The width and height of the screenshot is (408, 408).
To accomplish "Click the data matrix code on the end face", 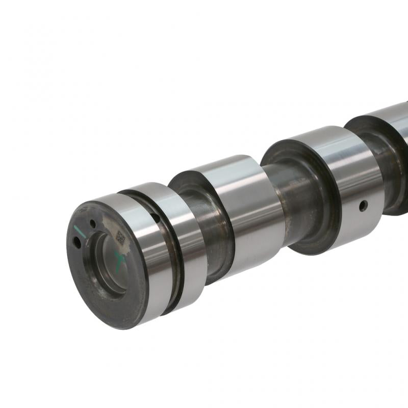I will click(x=121, y=236).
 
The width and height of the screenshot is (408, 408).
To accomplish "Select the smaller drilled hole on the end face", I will click(x=93, y=223).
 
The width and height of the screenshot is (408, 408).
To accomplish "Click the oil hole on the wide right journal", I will click(x=363, y=206).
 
